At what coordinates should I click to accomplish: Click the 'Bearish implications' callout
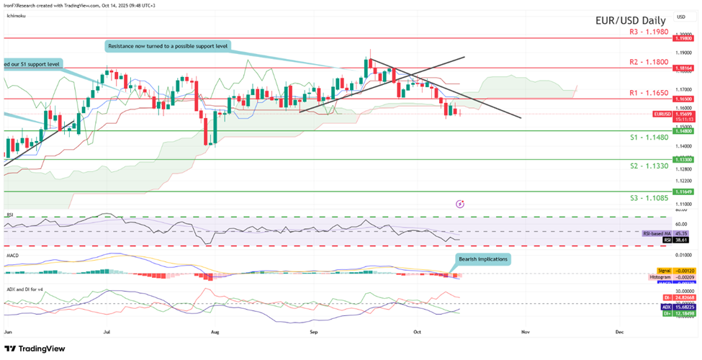click(482, 259)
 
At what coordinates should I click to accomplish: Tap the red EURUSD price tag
click(662, 114)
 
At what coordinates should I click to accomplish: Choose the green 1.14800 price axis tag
click(683, 130)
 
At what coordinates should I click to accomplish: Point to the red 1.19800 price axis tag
click(683, 38)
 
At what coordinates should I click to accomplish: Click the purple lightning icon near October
click(460, 204)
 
